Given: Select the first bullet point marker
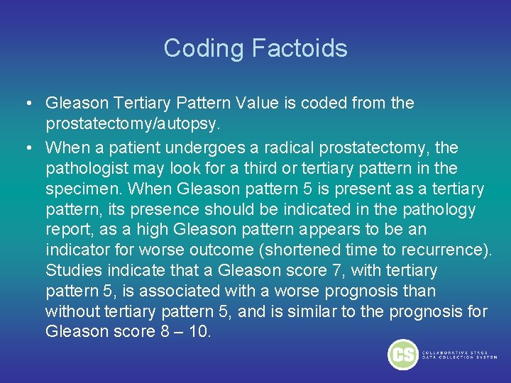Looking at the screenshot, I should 26,104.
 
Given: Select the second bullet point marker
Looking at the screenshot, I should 26,148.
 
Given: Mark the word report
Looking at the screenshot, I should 65,230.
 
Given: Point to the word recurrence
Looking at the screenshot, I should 444,250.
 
